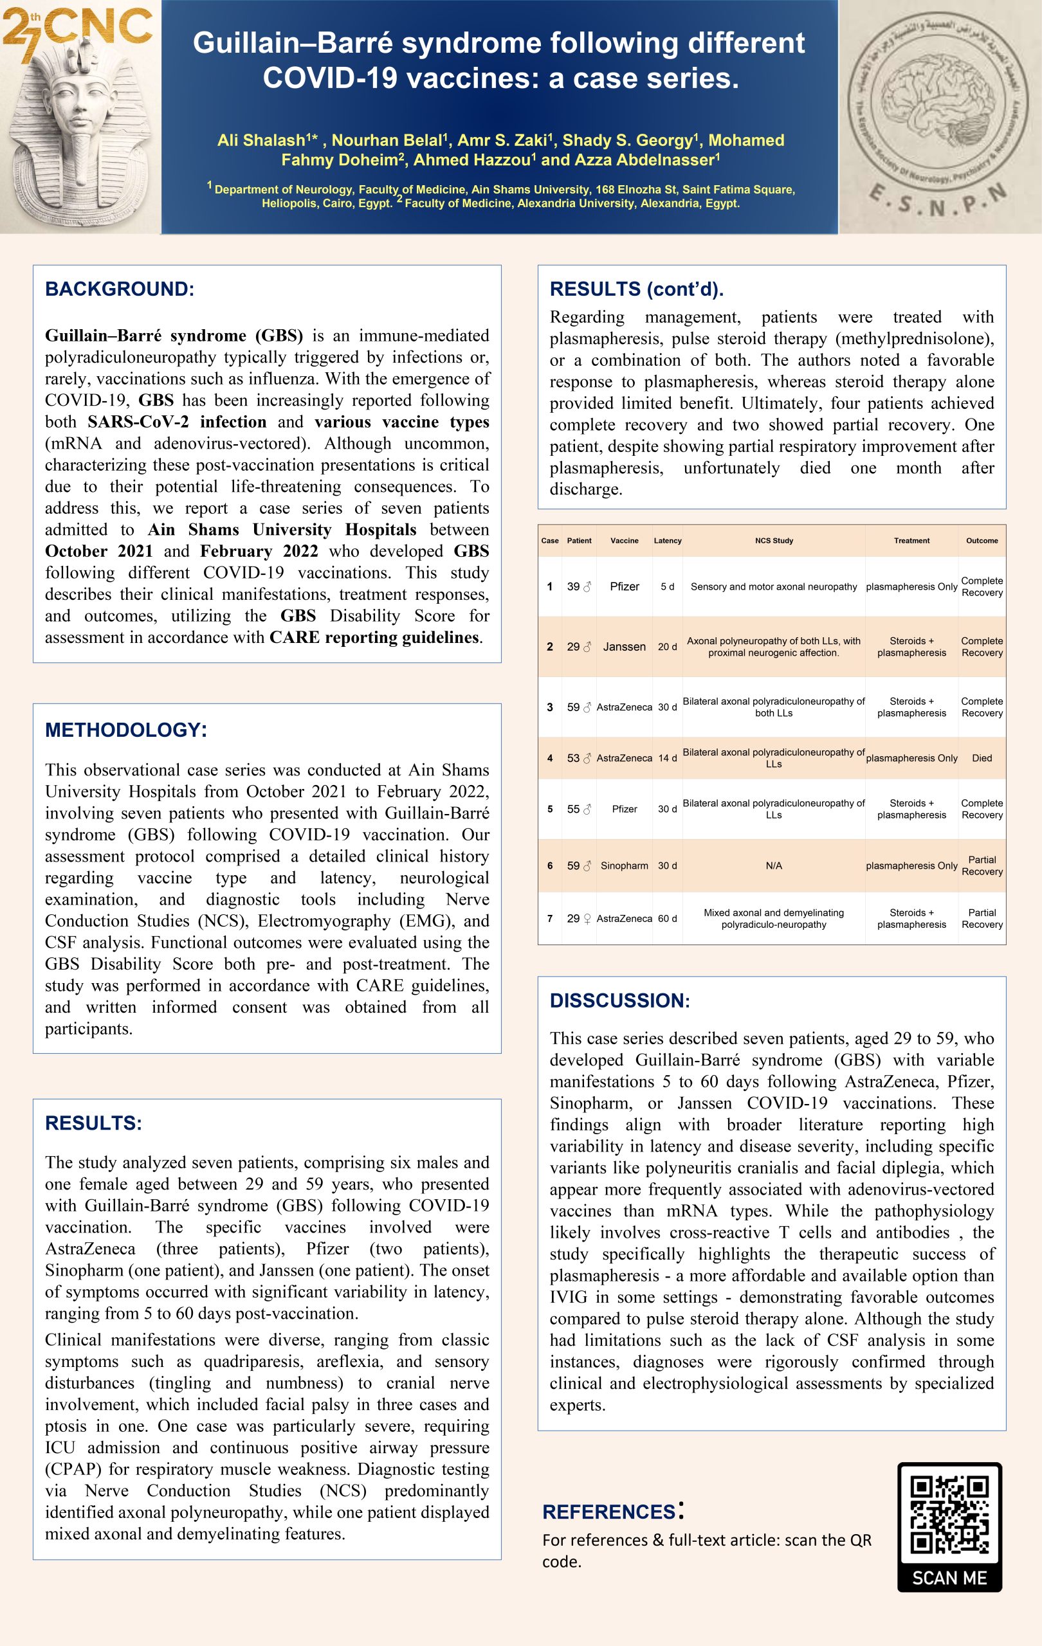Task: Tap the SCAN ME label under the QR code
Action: pos(949,1578)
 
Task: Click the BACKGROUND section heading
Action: pos(120,289)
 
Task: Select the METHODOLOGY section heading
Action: pos(126,729)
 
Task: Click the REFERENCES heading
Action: pos(609,1512)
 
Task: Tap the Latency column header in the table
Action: pos(667,541)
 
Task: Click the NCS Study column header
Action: pos(774,541)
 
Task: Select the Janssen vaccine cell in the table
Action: pos(625,647)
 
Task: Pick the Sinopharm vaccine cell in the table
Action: pos(625,865)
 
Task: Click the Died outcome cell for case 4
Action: pos(982,758)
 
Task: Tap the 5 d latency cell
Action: pos(667,586)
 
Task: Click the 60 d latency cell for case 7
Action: pos(667,919)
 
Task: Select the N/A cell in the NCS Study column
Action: pos(774,865)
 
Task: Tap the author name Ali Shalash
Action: pos(260,141)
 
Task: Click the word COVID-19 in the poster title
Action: pos(330,78)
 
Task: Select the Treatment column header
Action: pos(911,541)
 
